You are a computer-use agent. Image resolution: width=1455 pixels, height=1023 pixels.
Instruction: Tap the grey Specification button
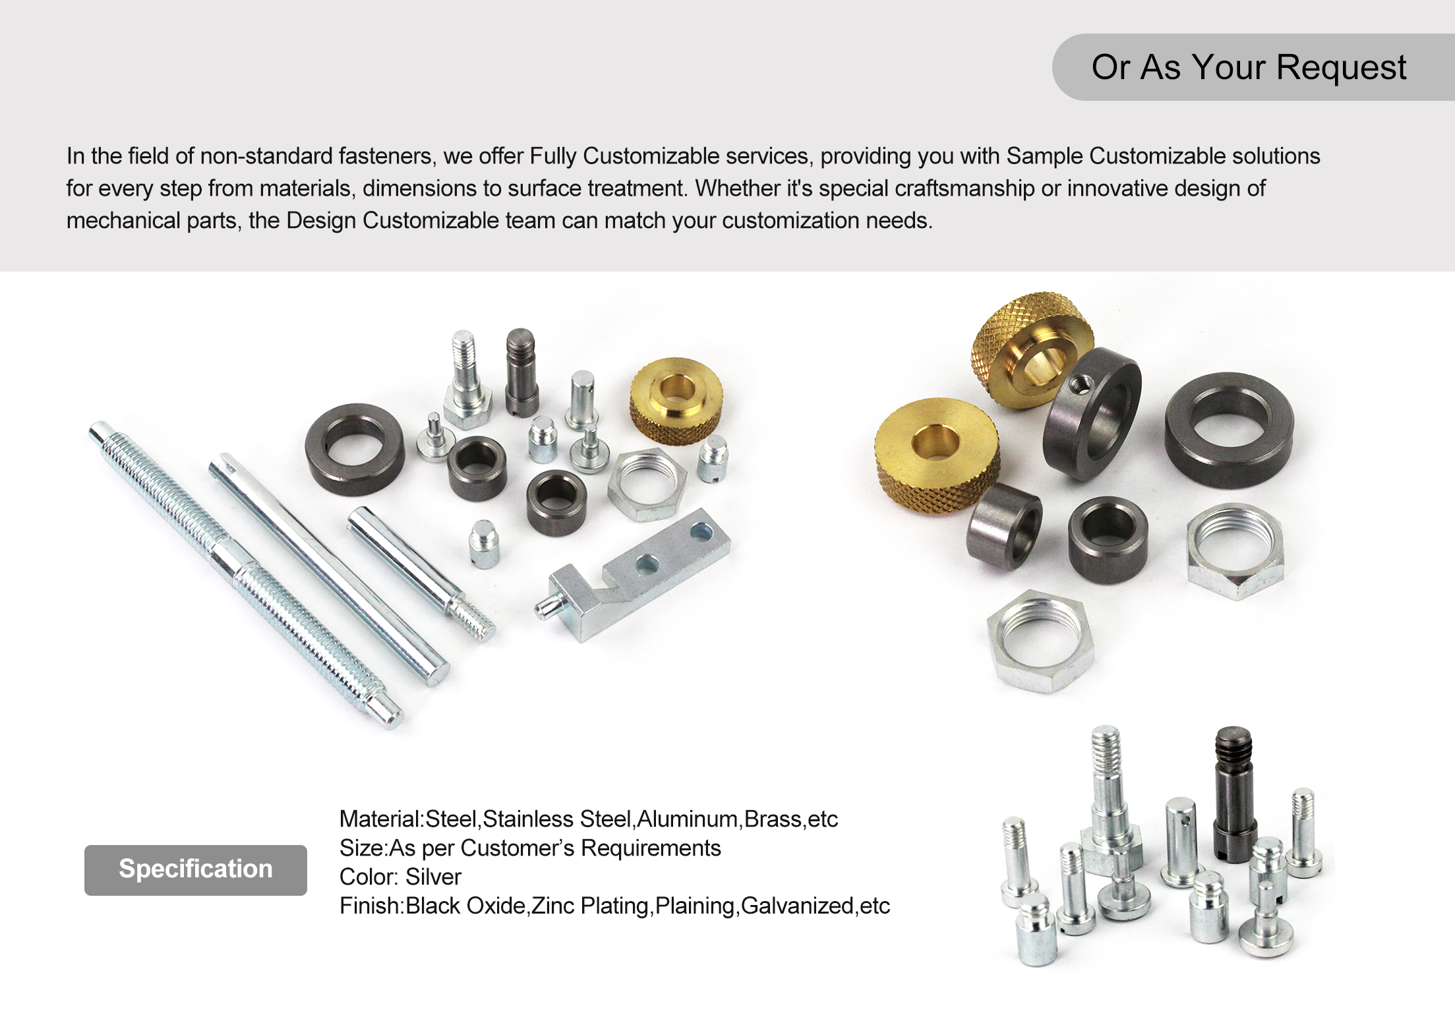coord(195,869)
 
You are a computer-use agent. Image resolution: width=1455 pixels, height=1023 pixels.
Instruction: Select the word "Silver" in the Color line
coord(433,877)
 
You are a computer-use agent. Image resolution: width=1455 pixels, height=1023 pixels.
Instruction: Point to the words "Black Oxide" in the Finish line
coord(465,906)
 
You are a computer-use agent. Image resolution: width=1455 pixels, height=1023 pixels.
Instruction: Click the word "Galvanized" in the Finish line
coord(797,906)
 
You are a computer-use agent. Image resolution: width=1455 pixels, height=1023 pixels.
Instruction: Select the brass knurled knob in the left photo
coord(676,400)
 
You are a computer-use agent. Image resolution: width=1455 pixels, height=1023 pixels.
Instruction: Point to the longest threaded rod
coord(244,573)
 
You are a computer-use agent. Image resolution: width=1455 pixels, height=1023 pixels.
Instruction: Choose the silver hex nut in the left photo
coord(647,484)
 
